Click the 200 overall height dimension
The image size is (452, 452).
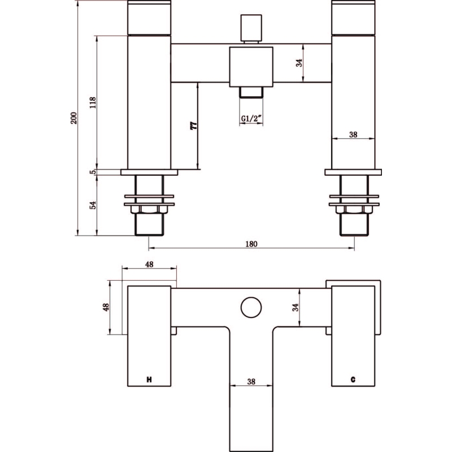(74, 118)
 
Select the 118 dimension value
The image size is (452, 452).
(93, 103)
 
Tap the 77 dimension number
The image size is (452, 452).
(194, 125)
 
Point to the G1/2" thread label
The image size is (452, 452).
(251, 119)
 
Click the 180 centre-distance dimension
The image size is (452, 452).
(251, 244)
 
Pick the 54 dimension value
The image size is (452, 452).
(93, 205)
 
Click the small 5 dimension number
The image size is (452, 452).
(93, 172)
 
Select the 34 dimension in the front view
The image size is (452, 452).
(299, 63)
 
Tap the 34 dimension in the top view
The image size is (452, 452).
(295, 307)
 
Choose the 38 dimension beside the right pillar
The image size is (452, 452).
(353, 134)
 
